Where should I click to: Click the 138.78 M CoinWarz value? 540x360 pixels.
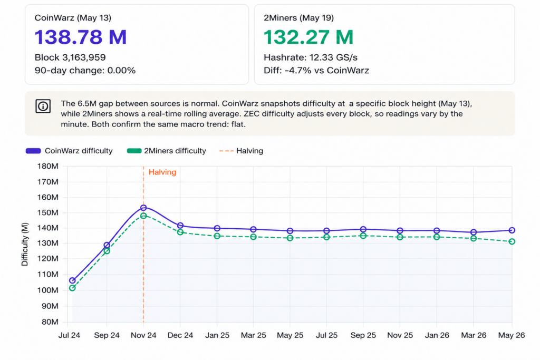pyautogui.click(x=81, y=37)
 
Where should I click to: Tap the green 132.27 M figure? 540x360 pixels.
pyautogui.click(x=308, y=37)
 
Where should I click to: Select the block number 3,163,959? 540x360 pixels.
pyautogui.click(x=84, y=57)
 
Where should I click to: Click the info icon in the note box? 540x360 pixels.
pyautogui.click(x=43, y=106)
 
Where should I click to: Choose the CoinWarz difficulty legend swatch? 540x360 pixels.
pyautogui.click(x=33, y=151)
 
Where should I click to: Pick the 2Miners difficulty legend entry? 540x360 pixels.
pyautogui.click(x=166, y=151)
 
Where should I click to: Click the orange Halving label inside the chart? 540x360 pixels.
pyautogui.click(x=162, y=172)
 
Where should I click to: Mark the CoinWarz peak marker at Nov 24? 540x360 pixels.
pyautogui.click(x=143, y=208)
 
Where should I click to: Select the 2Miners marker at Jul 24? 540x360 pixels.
pyautogui.click(x=72, y=288)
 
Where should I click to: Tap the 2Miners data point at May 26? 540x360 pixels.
pyautogui.click(x=512, y=241)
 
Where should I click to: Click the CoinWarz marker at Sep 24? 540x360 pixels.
pyautogui.click(x=107, y=246)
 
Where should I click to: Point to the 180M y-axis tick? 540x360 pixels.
pyautogui.click(x=48, y=166)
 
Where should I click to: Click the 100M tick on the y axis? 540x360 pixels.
pyautogui.click(x=48, y=290)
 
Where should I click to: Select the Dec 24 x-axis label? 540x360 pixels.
pyautogui.click(x=180, y=335)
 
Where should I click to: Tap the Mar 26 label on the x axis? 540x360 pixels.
pyautogui.click(x=474, y=335)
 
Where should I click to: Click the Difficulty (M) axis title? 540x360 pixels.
pyautogui.click(x=25, y=245)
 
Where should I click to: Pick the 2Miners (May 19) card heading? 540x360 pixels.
pyautogui.click(x=298, y=18)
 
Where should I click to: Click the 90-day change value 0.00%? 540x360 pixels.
pyautogui.click(x=121, y=71)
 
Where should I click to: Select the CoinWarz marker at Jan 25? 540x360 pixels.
pyautogui.click(x=217, y=228)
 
